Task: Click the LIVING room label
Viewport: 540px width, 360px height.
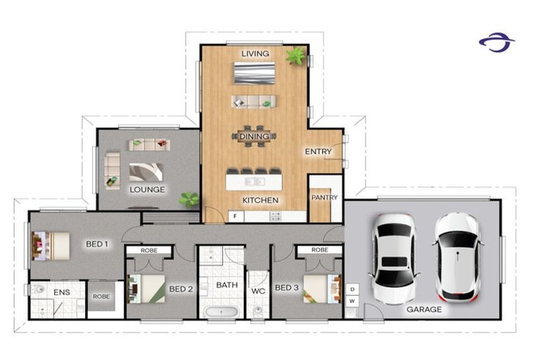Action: [x=255, y=53]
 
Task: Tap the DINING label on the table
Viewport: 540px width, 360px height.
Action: [x=254, y=136]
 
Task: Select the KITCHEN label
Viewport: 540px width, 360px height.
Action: [x=260, y=200]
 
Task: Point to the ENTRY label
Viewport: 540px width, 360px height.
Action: [x=318, y=152]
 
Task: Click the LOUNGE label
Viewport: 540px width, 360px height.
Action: [x=147, y=190]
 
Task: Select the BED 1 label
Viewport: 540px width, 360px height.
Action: [x=97, y=244]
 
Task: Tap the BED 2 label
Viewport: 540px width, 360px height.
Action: [x=180, y=288]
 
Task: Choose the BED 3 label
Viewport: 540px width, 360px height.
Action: [x=286, y=288]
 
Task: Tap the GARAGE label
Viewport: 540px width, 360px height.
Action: [x=424, y=309]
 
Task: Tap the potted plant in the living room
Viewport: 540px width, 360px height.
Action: [x=296, y=56]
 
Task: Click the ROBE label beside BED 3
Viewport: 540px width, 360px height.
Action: [x=319, y=250]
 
